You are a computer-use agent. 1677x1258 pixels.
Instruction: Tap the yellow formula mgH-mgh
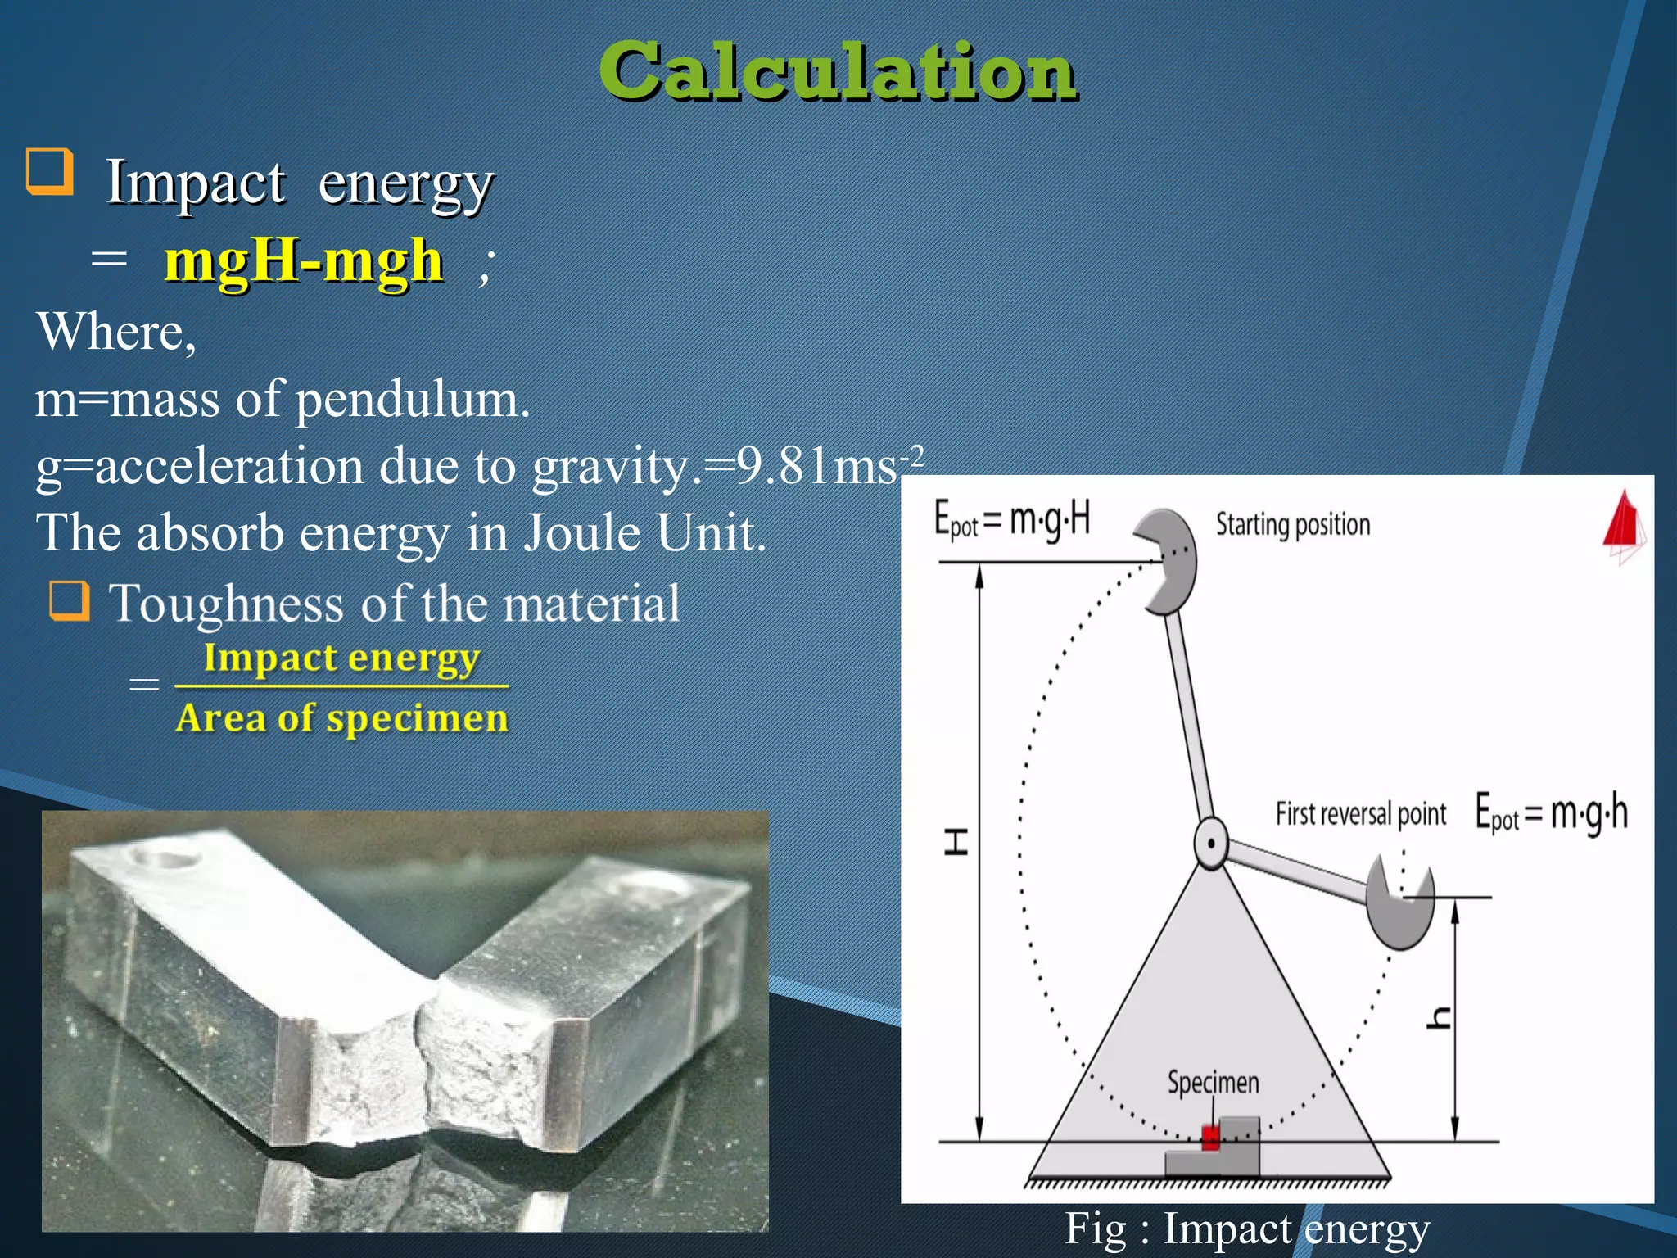pos(304,262)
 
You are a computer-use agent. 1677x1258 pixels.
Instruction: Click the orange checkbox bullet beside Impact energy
pos(50,171)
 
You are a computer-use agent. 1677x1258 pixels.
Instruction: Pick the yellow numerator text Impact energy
pos(341,658)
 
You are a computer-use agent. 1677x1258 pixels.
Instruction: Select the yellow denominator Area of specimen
pos(341,718)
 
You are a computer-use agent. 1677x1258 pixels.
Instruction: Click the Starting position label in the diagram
pos(1292,524)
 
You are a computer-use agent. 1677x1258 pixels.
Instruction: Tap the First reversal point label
pos(1360,814)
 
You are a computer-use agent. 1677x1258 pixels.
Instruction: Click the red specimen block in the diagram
pos(1210,1137)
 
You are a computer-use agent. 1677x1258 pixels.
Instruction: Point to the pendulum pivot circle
pos(1210,843)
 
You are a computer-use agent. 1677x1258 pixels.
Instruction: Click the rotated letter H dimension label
pos(956,841)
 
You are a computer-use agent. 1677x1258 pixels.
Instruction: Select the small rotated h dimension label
pos(1439,1018)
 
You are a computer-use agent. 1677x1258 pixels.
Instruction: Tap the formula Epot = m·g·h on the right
pos(1551,812)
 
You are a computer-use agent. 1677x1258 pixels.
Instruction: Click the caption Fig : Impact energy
pos(1246,1229)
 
